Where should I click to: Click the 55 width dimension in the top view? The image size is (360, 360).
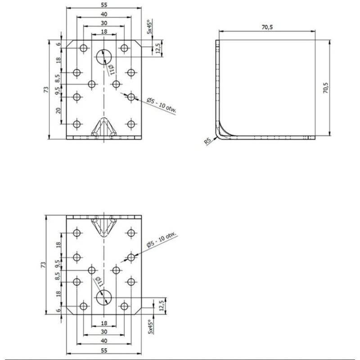click(x=104, y=4)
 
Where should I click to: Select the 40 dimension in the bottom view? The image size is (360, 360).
click(x=104, y=341)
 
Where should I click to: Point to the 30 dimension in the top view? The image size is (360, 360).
click(x=104, y=23)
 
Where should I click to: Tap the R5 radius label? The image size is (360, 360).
click(x=207, y=141)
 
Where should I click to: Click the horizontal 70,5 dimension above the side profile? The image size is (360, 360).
click(x=267, y=27)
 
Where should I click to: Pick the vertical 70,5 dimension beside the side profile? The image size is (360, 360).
click(x=325, y=88)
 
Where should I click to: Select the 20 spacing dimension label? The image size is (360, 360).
click(x=58, y=110)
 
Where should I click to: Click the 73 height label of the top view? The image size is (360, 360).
click(x=46, y=89)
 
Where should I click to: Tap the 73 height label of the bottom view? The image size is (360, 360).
click(x=43, y=265)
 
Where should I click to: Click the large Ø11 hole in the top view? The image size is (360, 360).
click(x=104, y=57)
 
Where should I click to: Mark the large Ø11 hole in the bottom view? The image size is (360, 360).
click(x=104, y=297)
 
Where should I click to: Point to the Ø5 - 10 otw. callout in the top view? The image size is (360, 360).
click(x=162, y=106)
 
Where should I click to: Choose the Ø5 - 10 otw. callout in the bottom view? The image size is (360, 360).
click(x=162, y=240)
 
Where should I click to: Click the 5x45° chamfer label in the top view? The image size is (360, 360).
click(x=149, y=27)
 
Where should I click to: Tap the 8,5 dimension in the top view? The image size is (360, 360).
click(x=58, y=78)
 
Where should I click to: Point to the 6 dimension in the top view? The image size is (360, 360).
click(x=59, y=44)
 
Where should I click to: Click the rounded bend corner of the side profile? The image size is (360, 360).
click(x=219, y=135)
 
